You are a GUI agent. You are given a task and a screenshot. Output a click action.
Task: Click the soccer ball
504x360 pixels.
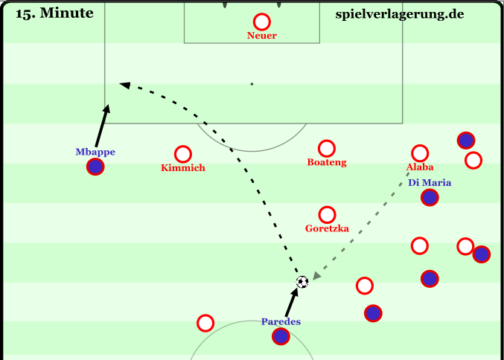click(302, 282)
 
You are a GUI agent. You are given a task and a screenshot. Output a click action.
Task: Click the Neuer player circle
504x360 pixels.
click(261, 22)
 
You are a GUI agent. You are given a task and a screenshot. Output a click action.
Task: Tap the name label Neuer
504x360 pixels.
click(262, 36)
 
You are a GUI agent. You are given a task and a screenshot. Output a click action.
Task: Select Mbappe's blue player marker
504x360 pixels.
click(95, 167)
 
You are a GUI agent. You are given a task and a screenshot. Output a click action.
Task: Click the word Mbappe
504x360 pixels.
click(95, 152)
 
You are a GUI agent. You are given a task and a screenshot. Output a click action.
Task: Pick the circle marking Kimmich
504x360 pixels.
click(182, 153)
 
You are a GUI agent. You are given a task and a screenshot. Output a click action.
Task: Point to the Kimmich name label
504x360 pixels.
click(182, 168)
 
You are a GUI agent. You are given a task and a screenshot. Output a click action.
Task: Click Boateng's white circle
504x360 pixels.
click(326, 148)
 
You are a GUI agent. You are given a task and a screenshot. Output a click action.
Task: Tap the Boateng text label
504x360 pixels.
click(327, 162)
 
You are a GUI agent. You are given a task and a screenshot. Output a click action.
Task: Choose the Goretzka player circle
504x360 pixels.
click(326, 214)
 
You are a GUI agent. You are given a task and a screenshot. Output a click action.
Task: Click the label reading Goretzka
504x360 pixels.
click(327, 228)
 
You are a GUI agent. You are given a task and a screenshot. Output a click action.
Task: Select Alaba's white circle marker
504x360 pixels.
click(420, 153)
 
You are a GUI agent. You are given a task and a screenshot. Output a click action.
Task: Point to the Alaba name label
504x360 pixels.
click(420, 167)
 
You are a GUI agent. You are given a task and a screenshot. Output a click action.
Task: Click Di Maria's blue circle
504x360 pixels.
click(429, 197)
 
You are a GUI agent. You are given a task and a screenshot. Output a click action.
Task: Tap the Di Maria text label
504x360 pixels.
click(430, 182)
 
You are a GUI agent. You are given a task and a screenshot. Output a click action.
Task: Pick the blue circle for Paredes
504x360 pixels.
click(281, 336)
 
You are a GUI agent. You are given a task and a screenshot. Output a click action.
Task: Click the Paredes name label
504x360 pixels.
click(281, 321)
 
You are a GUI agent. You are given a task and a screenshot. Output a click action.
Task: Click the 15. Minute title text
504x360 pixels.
click(54, 13)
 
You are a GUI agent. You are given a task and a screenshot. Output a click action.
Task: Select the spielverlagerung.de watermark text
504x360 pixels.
click(400, 13)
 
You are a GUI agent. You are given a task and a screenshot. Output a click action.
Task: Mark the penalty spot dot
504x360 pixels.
click(252, 84)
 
